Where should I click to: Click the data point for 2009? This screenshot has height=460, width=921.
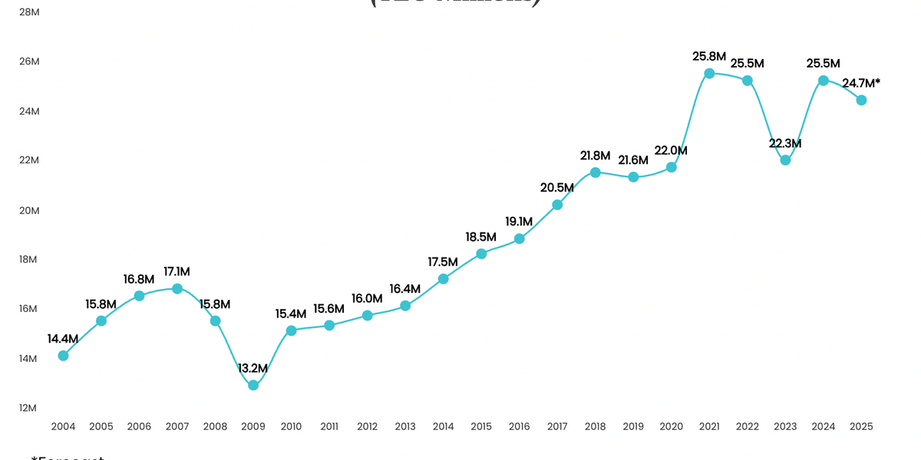(x=253, y=385)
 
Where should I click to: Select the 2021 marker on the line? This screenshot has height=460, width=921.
(x=709, y=74)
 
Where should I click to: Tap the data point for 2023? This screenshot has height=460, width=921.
(x=785, y=160)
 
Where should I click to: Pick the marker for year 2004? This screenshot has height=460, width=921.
(x=63, y=356)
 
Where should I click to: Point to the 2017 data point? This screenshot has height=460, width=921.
(x=557, y=205)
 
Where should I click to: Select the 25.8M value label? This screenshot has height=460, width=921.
(x=709, y=56)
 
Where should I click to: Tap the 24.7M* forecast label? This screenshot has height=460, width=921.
(x=861, y=82)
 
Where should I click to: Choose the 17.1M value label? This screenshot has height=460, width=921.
(x=177, y=271)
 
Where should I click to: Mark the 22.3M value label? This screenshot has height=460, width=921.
(x=785, y=143)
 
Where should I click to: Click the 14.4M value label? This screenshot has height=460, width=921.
(x=63, y=338)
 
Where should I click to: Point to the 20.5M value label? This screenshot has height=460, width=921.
(x=557, y=187)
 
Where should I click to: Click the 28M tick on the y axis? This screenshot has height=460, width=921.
(x=28, y=12)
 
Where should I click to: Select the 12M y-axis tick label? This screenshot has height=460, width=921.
(x=28, y=408)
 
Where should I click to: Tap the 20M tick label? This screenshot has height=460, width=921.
(x=28, y=210)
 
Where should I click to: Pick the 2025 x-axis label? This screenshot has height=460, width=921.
(x=861, y=426)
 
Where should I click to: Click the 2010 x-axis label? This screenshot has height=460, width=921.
(x=291, y=426)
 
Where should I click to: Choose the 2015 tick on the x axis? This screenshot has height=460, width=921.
(x=481, y=426)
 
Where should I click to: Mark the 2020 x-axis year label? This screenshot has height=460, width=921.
(x=671, y=426)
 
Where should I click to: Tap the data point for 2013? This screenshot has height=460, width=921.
(x=405, y=306)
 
